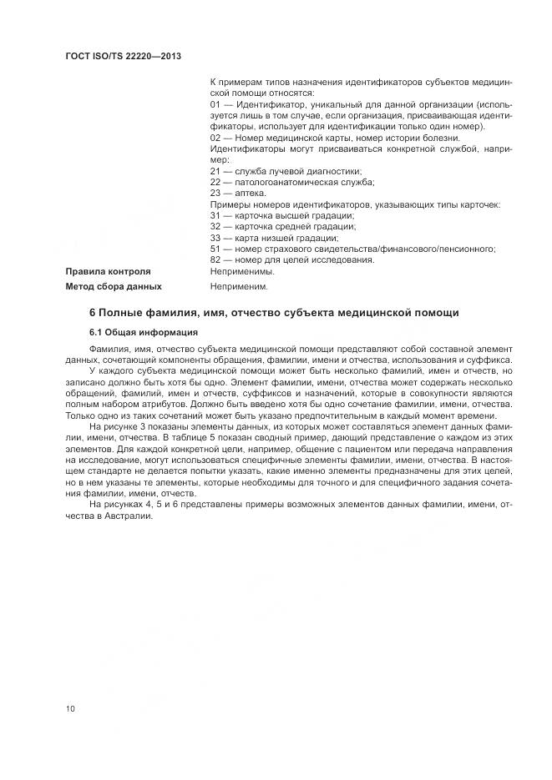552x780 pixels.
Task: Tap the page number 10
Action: (70, 709)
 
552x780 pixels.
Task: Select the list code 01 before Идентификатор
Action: (215, 105)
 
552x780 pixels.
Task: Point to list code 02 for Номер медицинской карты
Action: (215, 138)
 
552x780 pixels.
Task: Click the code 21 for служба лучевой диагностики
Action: (215, 170)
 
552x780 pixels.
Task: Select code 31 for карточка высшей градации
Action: (215, 215)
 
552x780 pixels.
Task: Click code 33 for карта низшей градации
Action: (215, 237)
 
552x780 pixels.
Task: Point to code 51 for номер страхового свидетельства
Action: (215, 249)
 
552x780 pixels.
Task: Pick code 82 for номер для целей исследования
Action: (215, 259)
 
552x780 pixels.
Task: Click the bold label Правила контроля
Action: (108, 271)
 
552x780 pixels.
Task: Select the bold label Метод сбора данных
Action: (114, 286)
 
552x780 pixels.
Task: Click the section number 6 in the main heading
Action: (92, 313)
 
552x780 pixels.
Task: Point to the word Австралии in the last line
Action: (130, 516)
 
